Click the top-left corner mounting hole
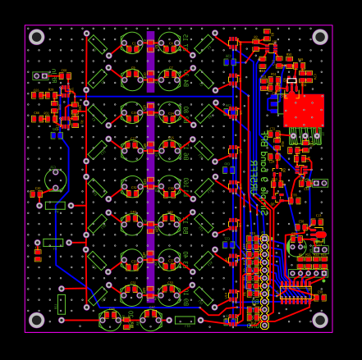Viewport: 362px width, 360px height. click(37, 37)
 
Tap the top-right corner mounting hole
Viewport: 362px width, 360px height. click(320, 37)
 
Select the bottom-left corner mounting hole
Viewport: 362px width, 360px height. click(37, 320)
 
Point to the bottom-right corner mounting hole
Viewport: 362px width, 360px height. click(320, 320)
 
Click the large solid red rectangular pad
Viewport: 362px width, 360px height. click(304, 110)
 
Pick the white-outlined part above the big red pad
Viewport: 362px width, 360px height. click(291, 80)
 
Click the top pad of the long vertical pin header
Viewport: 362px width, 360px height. click(264, 238)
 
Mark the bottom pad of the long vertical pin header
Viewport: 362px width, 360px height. click(264, 325)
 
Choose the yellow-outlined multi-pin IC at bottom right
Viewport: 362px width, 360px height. click(295, 292)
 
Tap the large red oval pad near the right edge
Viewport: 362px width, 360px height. click(321, 235)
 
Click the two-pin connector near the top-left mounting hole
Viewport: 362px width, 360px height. click(39, 75)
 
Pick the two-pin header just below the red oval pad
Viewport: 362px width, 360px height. click(320, 249)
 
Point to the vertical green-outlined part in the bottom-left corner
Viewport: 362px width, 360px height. click(62, 304)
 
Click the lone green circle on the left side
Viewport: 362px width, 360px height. click(55, 180)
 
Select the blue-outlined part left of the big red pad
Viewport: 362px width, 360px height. click(273, 104)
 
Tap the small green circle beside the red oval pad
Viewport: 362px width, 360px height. click(297, 245)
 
